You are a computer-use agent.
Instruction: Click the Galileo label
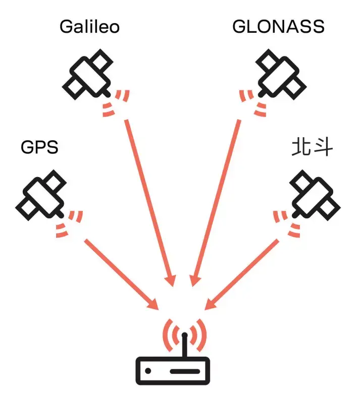point(89,26)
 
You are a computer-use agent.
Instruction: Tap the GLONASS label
point(278,26)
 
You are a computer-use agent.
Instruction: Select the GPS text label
point(39,147)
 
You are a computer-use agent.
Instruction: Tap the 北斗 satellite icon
point(313,194)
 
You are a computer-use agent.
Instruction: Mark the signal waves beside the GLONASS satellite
point(252,102)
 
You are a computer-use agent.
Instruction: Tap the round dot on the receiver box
point(149,371)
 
